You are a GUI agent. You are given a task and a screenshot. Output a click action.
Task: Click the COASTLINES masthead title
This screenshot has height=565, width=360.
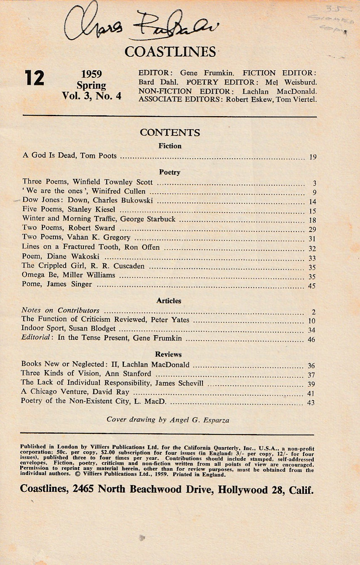[170, 51]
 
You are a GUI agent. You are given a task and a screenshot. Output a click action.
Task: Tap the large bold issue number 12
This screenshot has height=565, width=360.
[34, 78]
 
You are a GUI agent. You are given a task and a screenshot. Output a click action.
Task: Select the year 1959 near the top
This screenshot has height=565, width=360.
[91, 74]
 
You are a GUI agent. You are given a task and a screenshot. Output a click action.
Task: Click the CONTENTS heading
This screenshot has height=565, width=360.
[170, 133]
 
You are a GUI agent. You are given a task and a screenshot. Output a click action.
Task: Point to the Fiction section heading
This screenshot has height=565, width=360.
[170, 146]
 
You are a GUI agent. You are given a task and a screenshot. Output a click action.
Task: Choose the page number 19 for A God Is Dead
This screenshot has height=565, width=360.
[312, 157]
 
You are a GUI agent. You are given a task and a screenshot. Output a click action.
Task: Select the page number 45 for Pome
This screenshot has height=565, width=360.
[312, 286]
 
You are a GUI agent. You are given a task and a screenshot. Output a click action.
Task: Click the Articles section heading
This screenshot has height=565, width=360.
[169, 301]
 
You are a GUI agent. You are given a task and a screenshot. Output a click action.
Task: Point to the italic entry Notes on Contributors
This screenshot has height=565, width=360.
[60, 310]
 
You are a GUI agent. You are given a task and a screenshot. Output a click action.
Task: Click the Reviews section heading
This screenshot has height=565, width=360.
[168, 354]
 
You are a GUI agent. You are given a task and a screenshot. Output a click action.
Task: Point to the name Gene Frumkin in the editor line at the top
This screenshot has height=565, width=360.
[200, 73]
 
